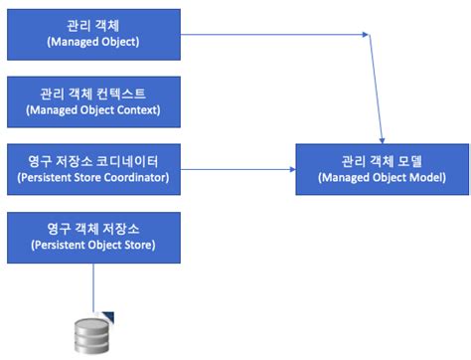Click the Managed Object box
(93, 34)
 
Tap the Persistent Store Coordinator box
(93, 166)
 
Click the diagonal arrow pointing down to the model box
(378, 90)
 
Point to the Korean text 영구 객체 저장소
(93, 225)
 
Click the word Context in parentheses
(133, 109)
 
